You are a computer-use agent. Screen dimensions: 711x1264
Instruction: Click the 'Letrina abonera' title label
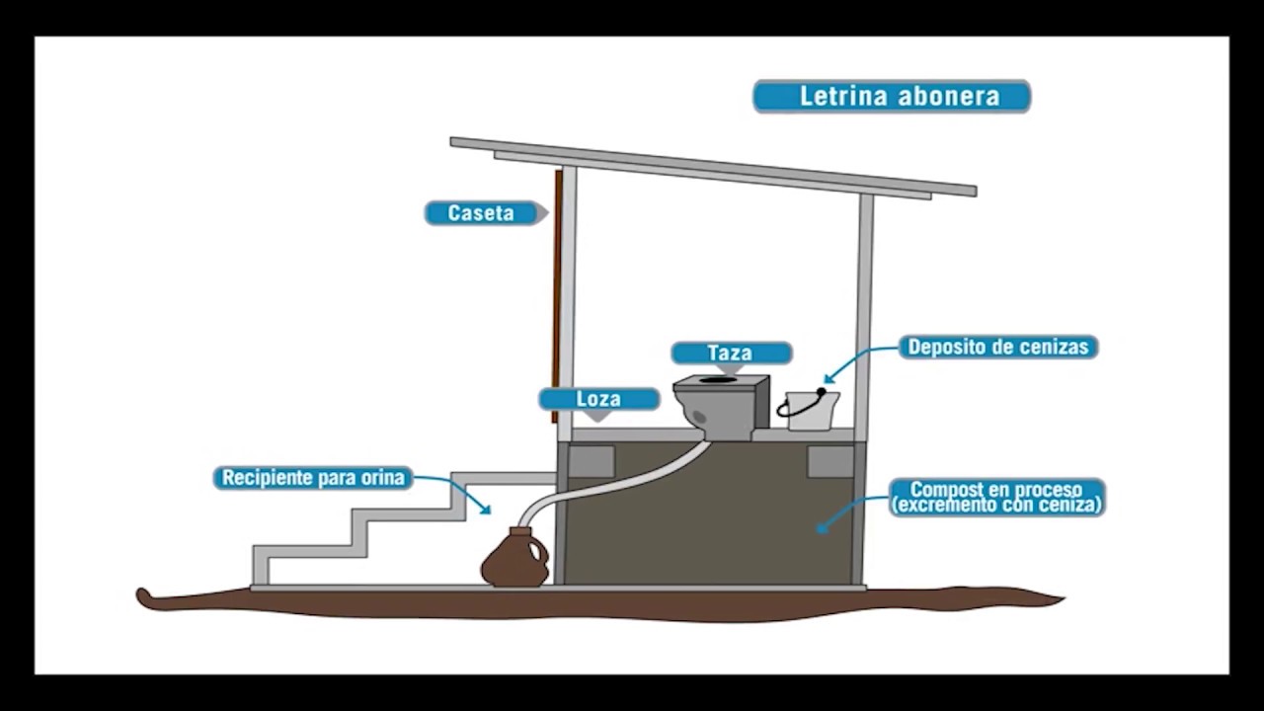892,97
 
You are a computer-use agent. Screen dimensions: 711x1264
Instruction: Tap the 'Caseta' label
482,213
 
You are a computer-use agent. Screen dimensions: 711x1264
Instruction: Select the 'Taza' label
731,354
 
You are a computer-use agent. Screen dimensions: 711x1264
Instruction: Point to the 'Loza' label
598,400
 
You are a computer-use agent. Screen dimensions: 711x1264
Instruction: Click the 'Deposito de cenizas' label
997,348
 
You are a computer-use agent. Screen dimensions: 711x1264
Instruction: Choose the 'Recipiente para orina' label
313,478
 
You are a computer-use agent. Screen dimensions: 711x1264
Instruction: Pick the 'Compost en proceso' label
996,498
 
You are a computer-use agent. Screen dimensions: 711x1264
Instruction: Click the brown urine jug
514,561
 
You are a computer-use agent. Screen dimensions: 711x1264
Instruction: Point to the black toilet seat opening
719,379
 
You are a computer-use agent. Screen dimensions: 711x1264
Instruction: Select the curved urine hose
612,483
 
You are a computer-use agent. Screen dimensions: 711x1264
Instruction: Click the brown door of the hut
557,296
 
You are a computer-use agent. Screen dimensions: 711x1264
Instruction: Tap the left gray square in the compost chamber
591,461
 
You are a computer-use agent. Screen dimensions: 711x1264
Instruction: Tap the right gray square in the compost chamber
829,461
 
